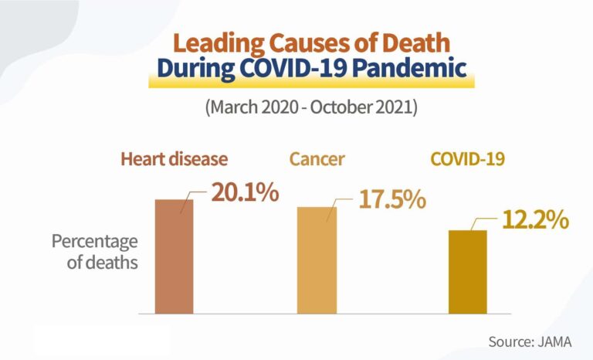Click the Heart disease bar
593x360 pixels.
[x=174, y=256]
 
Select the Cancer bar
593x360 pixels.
[x=317, y=260]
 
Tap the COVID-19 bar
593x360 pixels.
[x=468, y=272]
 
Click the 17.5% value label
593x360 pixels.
[x=391, y=199]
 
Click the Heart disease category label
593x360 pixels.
[x=174, y=160]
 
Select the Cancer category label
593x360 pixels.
[x=317, y=160]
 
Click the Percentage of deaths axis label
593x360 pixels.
[x=94, y=252]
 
